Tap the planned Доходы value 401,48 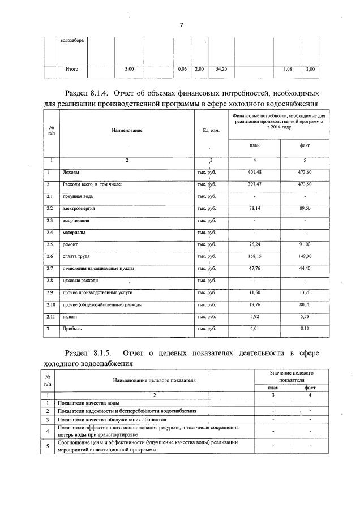point(254,173)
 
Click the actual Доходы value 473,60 point(305,173)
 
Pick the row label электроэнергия point(78,209)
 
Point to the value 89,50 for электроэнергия point(305,209)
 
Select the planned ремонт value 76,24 point(254,245)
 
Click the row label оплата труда point(75,257)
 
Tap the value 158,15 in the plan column point(254,257)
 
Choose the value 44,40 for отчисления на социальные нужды point(305,269)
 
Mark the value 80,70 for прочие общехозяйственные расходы point(305,305)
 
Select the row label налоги point(70,317)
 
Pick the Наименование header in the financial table point(127,131)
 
